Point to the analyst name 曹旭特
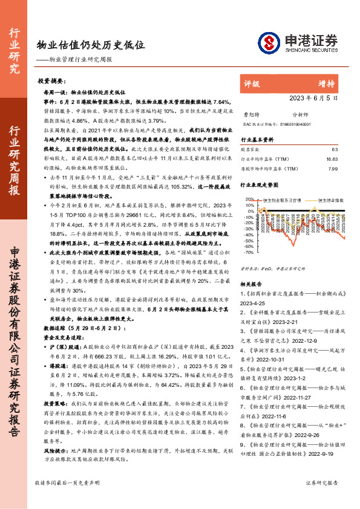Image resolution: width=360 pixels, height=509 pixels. point(249,113)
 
